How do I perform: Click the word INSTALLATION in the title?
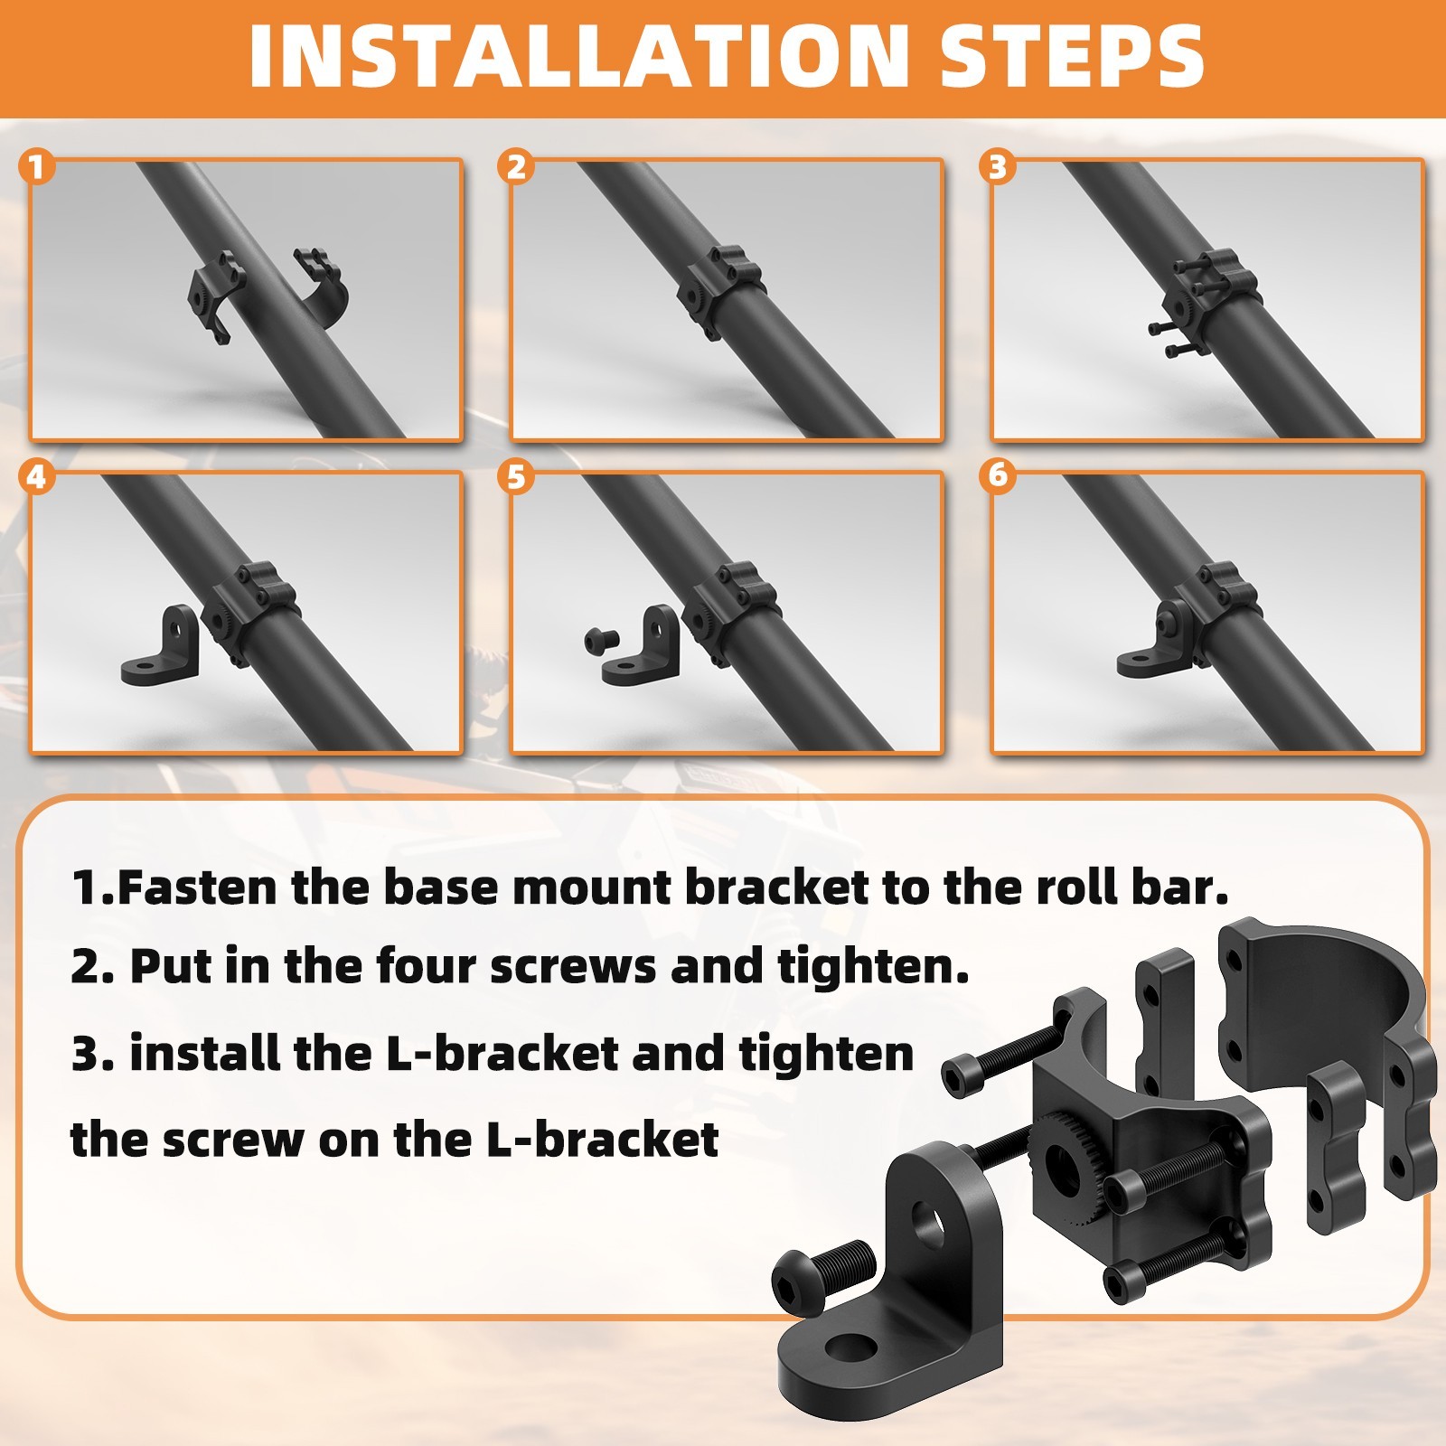578,56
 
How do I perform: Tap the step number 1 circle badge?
36,167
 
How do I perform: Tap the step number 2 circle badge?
516,167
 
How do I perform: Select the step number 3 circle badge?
998,167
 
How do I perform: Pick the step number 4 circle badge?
36,476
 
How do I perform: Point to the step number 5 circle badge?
516,476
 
